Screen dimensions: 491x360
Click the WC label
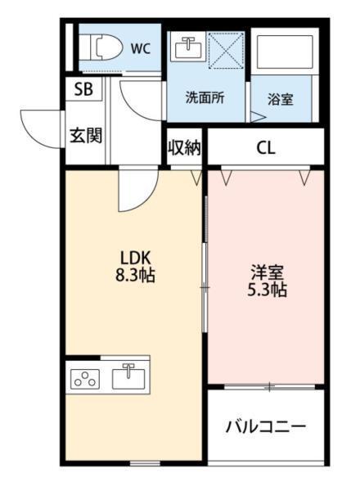(142, 47)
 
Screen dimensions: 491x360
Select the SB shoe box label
(83, 90)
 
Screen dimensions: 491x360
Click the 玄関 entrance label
(84, 134)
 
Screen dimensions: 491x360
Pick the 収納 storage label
(185, 148)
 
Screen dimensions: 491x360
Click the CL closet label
(266, 148)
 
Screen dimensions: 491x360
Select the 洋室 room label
(266, 271)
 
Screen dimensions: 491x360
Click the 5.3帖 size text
(266, 290)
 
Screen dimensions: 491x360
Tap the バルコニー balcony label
(265, 426)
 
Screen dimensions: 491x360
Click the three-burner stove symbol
(85, 379)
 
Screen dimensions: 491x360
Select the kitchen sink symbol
(129, 378)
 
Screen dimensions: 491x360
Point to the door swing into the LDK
(135, 190)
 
